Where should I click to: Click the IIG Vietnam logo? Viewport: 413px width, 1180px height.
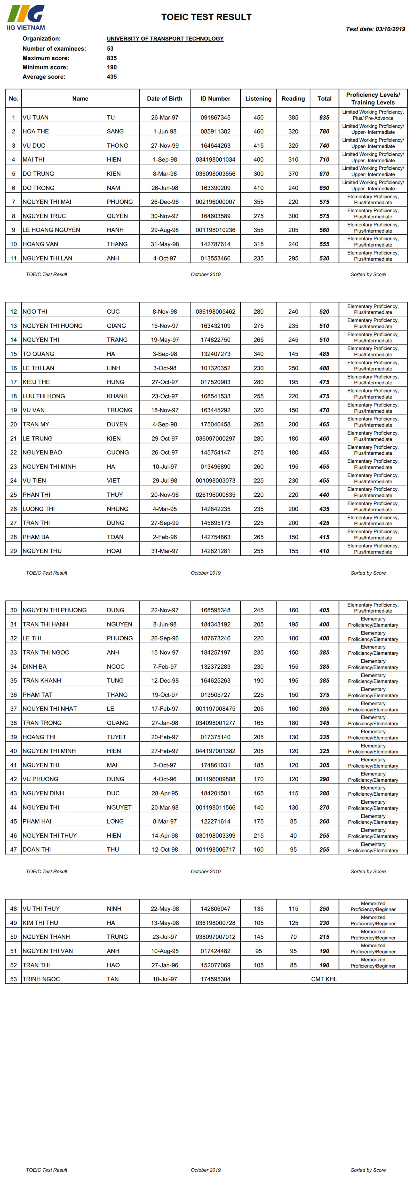coord(26,17)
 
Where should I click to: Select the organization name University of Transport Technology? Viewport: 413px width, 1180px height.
coord(165,38)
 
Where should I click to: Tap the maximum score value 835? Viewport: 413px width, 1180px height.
coord(112,58)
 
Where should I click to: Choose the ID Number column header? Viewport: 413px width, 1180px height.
coord(215,99)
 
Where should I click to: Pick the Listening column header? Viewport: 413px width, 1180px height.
coord(258,99)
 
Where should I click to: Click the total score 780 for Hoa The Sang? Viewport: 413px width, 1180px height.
coord(324,131)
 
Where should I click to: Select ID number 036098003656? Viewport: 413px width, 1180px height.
coord(215,174)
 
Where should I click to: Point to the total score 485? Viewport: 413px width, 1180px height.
coord(324,354)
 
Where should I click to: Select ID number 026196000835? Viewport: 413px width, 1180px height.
coord(215,495)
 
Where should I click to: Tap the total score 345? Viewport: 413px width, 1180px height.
coord(324,723)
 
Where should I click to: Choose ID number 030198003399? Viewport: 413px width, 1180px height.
coord(215,836)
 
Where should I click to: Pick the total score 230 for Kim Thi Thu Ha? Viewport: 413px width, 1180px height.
coord(324,923)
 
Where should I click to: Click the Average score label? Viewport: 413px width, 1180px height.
coord(44,77)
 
